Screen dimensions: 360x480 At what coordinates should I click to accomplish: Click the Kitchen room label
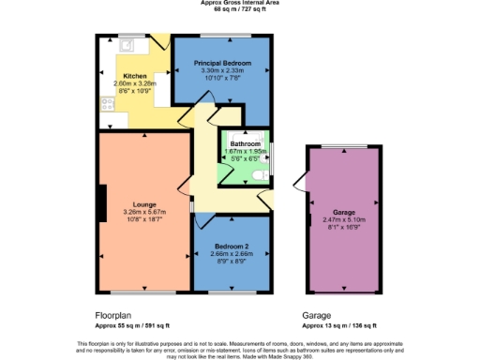[136, 76]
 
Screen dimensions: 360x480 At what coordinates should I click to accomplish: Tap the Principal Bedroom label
[222, 63]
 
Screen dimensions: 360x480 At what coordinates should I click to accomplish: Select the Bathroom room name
[247, 143]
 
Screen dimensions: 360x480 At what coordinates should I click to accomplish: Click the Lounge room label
[143, 204]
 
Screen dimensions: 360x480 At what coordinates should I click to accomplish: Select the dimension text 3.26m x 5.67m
[143, 212]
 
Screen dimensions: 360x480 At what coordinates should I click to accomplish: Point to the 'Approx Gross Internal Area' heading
[240, 3]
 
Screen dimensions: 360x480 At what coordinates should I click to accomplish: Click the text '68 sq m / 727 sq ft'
[240, 10]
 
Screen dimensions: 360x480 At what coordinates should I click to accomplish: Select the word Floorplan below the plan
[113, 315]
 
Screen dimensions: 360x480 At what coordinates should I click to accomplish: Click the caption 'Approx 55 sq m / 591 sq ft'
[132, 325]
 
